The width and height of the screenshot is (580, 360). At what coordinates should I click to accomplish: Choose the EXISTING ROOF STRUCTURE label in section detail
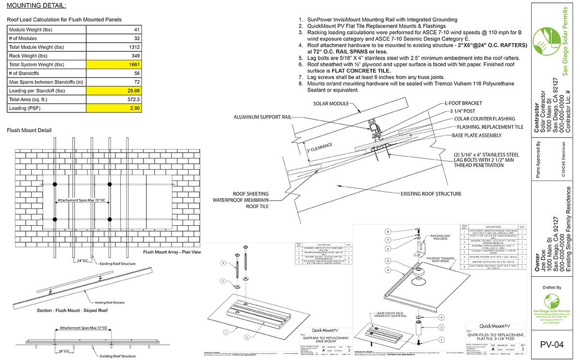(x=431, y=194)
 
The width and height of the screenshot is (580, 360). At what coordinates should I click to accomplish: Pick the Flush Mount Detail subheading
(x=29, y=130)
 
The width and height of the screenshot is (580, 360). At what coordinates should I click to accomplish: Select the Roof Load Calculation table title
(x=64, y=20)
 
